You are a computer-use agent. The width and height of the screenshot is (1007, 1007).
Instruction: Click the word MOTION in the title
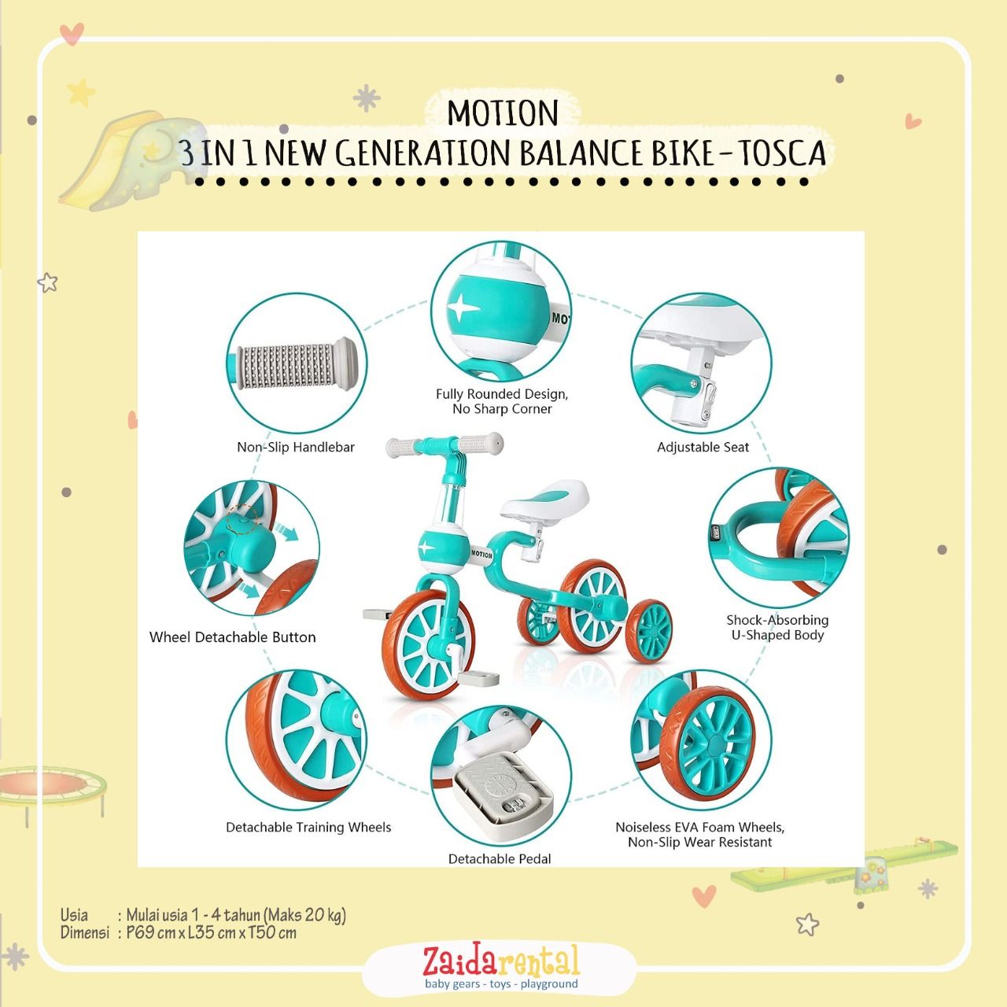[503, 113]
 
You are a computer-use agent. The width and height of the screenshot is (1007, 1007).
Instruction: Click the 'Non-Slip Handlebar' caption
[296, 448]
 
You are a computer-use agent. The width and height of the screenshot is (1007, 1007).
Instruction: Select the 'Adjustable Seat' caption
[703, 448]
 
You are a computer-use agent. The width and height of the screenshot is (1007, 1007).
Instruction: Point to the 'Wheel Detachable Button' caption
[233, 637]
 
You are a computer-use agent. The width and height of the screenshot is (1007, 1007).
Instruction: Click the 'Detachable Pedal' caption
[500, 859]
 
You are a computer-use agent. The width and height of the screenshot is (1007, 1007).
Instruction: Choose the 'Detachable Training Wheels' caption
[308, 827]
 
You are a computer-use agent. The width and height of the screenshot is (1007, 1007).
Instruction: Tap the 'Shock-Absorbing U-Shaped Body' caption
[777, 628]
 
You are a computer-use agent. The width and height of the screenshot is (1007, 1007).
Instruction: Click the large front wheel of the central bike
[429, 644]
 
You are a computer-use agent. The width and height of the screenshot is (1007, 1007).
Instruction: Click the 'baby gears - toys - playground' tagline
[501, 984]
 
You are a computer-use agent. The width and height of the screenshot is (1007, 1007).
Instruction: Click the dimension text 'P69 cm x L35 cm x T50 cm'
[211, 933]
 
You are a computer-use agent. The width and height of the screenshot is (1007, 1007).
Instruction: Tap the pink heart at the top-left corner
[71, 34]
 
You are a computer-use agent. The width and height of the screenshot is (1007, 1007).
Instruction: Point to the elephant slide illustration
[131, 160]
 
